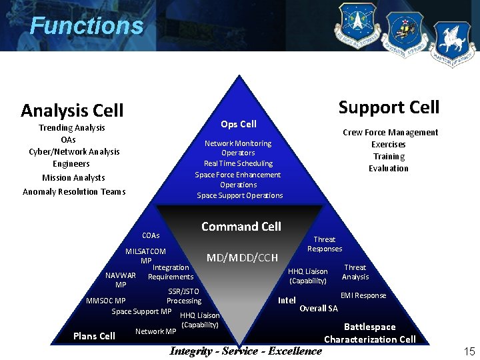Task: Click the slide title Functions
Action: pyautogui.click(x=86, y=26)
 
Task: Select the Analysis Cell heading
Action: pyautogui.click(x=72, y=110)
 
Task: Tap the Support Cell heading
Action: pyautogui.click(x=389, y=107)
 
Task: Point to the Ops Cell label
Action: pyautogui.click(x=239, y=124)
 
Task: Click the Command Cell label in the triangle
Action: pyautogui.click(x=241, y=227)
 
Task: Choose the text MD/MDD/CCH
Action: pyautogui.click(x=242, y=257)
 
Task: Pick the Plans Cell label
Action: pyautogui.click(x=94, y=336)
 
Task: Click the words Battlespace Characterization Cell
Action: pyautogui.click(x=370, y=333)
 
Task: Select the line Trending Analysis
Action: pyautogui.click(x=72, y=127)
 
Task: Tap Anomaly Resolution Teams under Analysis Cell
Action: pyautogui.click(x=74, y=192)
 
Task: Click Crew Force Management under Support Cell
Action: pyautogui.click(x=390, y=132)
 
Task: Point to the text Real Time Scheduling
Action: pyautogui.click(x=238, y=163)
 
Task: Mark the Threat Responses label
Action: pyautogui.click(x=325, y=244)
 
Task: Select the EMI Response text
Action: pyautogui.click(x=363, y=295)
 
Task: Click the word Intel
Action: pyautogui.click(x=287, y=300)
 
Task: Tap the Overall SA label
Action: pyautogui.click(x=319, y=308)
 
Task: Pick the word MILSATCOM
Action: pyautogui.click(x=145, y=251)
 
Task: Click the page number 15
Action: pyautogui.click(x=469, y=351)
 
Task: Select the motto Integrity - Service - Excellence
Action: pyautogui.click(x=246, y=351)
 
